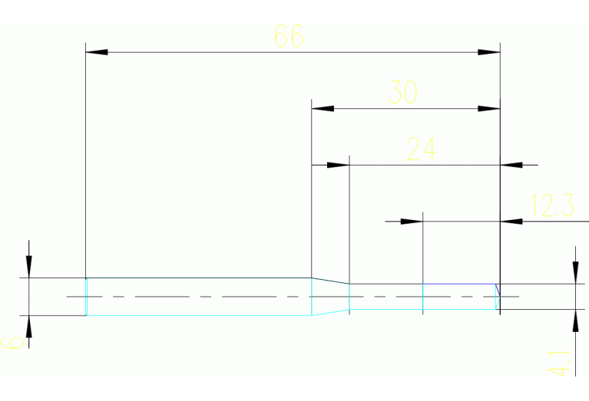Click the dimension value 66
click(x=289, y=36)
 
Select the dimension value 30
click(x=403, y=92)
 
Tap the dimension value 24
click(x=421, y=149)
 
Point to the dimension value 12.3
click(x=552, y=205)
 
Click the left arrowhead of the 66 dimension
click(x=97, y=52)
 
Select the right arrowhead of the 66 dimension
click(x=489, y=52)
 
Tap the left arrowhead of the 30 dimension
click(x=323, y=109)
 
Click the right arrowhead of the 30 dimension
click(x=489, y=109)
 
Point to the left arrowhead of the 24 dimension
click(x=339, y=165)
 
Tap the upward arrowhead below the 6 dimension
click(x=29, y=327)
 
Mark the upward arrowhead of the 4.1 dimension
click(x=575, y=320)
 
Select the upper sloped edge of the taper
click(x=330, y=281)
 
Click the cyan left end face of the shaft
click(x=86, y=297)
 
